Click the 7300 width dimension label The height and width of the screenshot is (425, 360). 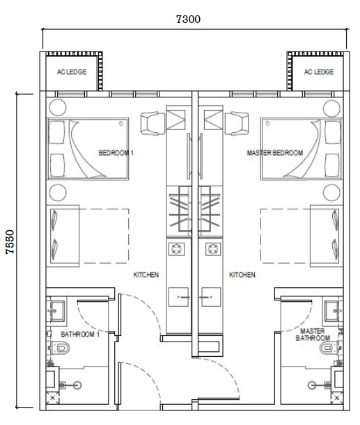point(188,19)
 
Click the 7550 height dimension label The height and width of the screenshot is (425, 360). point(10,245)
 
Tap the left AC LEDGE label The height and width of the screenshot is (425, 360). point(72,72)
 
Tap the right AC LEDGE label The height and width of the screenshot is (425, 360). point(319,72)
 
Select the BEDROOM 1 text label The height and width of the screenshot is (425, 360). point(116,152)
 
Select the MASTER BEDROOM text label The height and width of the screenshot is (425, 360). point(275,152)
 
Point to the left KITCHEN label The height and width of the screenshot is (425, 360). point(146,275)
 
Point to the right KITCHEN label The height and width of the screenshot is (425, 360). point(242,275)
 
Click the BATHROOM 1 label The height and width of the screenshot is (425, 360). point(81,334)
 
